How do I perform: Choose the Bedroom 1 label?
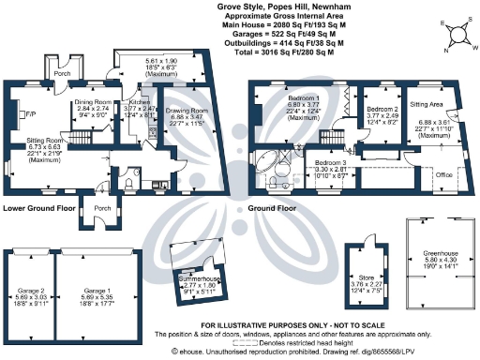pos(303,98)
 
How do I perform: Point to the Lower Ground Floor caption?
pos(38,208)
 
